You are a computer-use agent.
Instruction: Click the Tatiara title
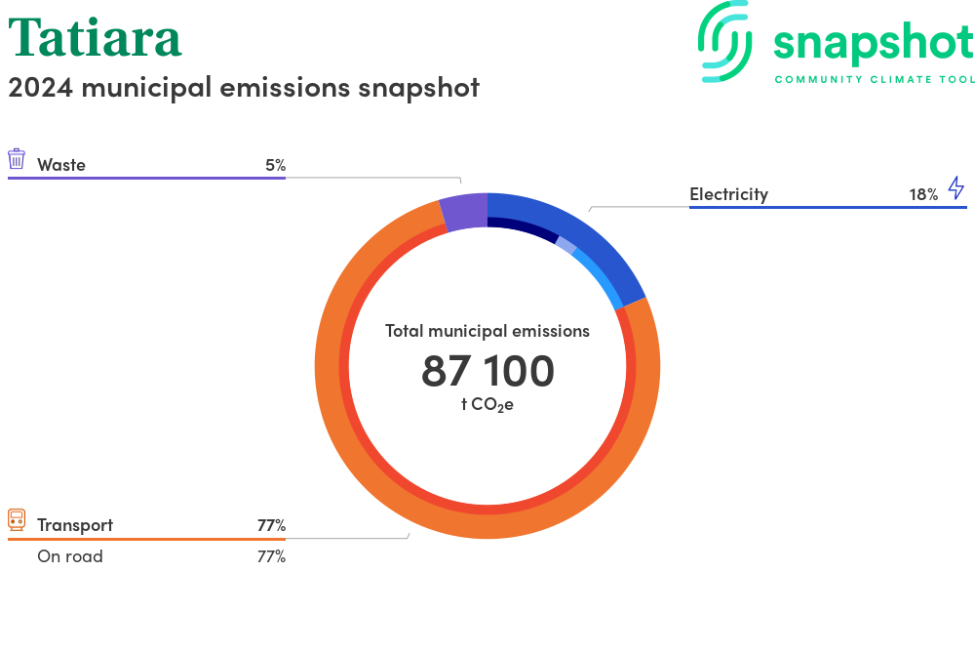[96, 38]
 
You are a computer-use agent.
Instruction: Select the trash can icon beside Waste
[17, 159]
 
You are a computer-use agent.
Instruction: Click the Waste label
[60, 165]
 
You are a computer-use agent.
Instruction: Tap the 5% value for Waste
[276, 165]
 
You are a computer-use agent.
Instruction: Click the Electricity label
[728, 194]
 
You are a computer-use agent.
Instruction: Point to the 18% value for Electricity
[923, 195]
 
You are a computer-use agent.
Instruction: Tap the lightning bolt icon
[956, 187]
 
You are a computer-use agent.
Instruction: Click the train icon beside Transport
[17, 519]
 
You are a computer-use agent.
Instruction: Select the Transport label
[75, 525]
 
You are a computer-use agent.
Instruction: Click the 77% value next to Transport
[272, 525]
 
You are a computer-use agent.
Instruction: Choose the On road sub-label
[70, 556]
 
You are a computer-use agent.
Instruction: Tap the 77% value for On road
[272, 556]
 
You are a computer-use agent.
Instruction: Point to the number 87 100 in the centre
[487, 371]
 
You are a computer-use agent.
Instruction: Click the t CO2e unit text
[487, 404]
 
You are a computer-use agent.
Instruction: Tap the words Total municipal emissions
[487, 331]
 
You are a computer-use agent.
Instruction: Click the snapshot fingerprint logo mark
[725, 41]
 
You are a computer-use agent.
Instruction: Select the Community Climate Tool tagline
[875, 79]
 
